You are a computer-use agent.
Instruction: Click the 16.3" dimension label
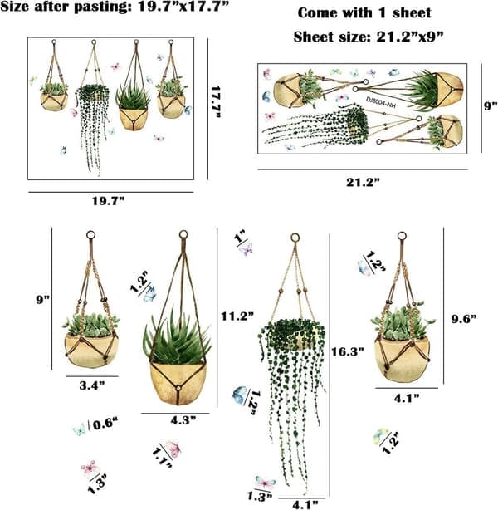pyautogui.click(x=348, y=351)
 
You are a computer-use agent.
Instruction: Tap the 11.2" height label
pyautogui.click(x=237, y=316)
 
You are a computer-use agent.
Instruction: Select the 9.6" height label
pyautogui.click(x=464, y=319)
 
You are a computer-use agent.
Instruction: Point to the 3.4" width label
pyautogui.click(x=92, y=385)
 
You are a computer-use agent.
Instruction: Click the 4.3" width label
pyautogui.click(x=183, y=420)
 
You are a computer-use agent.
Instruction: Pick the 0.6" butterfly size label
pyautogui.click(x=105, y=424)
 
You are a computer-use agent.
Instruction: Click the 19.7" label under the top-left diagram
pyautogui.click(x=109, y=201)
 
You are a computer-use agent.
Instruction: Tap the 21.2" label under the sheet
pyautogui.click(x=363, y=182)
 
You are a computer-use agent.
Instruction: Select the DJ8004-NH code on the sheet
pyautogui.click(x=381, y=101)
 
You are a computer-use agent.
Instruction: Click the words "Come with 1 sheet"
pyautogui.click(x=364, y=13)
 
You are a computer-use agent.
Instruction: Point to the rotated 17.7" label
pyautogui.click(x=216, y=102)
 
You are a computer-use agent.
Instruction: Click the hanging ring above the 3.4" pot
pyautogui.click(x=91, y=235)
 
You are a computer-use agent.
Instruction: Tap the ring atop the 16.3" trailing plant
pyautogui.click(x=295, y=238)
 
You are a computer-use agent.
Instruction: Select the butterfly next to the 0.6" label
pyautogui.click(x=80, y=429)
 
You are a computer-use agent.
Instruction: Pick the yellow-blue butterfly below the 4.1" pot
pyautogui.click(x=380, y=435)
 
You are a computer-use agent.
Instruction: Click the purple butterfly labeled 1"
pyautogui.click(x=246, y=249)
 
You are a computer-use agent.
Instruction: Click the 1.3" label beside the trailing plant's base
pyautogui.click(x=260, y=497)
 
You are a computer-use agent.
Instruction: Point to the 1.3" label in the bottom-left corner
pyautogui.click(x=97, y=483)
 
